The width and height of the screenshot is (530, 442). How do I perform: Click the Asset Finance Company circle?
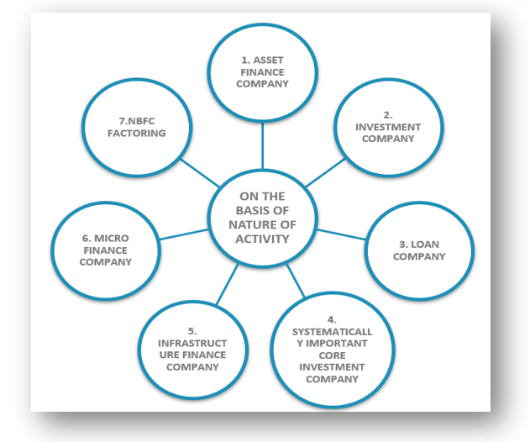[x=262, y=71]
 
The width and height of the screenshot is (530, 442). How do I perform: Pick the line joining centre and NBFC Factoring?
[x=199, y=169]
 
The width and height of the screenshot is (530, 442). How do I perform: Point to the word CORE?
[x=330, y=355]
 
